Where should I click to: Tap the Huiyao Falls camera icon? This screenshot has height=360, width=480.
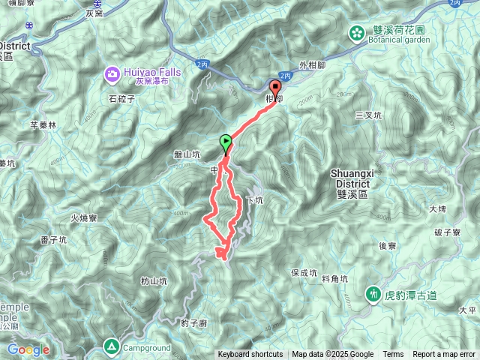112,73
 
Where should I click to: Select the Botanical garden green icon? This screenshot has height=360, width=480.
357,32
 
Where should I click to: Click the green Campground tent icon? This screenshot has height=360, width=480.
111,346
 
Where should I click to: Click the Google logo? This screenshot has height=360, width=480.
28,349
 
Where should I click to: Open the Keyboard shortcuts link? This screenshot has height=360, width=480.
250,355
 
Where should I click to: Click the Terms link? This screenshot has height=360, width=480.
393,355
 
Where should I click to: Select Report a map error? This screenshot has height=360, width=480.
445,355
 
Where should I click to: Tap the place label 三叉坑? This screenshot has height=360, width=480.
369,115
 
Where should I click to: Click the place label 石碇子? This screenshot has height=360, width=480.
121,97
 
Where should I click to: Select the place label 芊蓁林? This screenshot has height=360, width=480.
43,125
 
